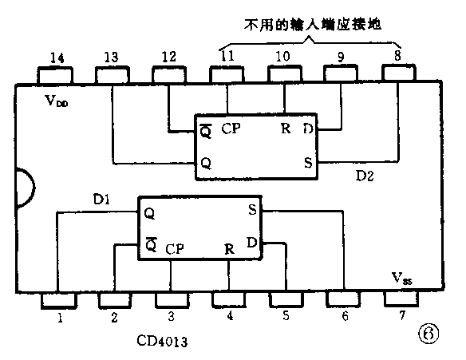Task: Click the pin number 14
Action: click(55, 57)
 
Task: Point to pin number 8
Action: click(397, 57)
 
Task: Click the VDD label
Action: click(57, 101)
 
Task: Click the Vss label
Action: click(401, 279)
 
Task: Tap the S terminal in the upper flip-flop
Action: click(307, 162)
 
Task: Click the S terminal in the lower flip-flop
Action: click(252, 212)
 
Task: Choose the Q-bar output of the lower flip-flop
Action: click(149, 245)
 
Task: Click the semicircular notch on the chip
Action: click(24, 191)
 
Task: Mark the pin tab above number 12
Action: click(169, 74)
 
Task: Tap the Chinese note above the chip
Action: click(310, 25)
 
